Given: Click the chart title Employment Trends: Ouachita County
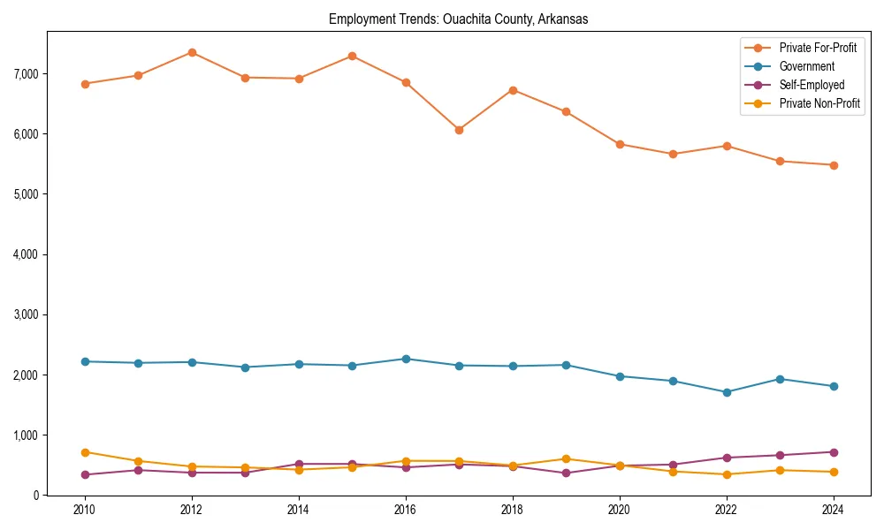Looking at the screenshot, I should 458,19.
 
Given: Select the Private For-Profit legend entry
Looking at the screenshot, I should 818,48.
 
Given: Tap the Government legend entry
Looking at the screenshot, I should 806,66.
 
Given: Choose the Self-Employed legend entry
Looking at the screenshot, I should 812,85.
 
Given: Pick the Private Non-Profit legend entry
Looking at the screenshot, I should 819,103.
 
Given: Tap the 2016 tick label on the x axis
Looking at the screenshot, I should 406,510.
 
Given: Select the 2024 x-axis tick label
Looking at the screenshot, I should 833,510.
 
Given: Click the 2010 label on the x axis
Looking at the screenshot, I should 85,510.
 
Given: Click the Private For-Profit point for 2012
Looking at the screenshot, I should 192,52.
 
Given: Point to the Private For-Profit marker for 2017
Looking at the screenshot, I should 459,130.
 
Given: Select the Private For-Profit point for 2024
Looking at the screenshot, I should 833,165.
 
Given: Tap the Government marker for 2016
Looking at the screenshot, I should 406,359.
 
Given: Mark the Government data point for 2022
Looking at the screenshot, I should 726,392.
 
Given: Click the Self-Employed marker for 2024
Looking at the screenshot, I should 833,452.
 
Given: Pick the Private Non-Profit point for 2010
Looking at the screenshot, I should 85,452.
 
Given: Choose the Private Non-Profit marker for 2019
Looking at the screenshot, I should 566,458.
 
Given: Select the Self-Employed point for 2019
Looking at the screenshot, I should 566,473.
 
